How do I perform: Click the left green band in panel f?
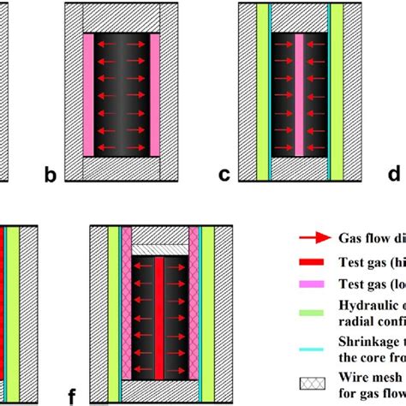[x=113, y=317]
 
